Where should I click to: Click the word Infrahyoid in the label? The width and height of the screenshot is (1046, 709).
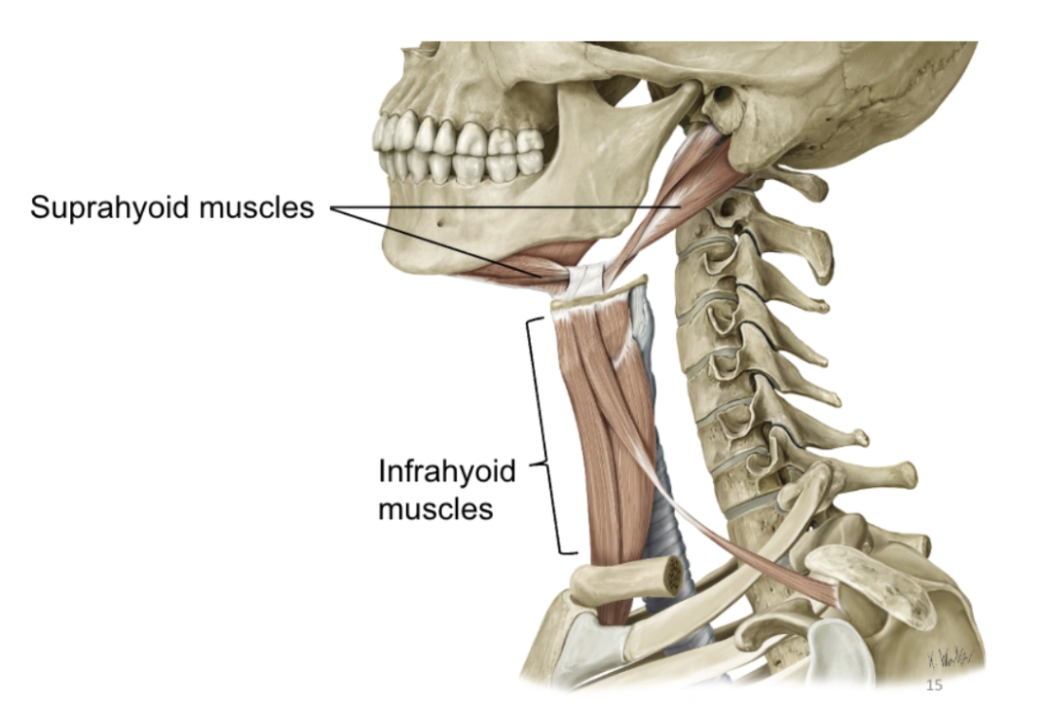[446, 473]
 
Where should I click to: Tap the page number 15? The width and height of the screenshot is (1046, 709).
[934, 686]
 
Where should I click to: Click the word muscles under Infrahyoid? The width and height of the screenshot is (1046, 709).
[434, 508]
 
